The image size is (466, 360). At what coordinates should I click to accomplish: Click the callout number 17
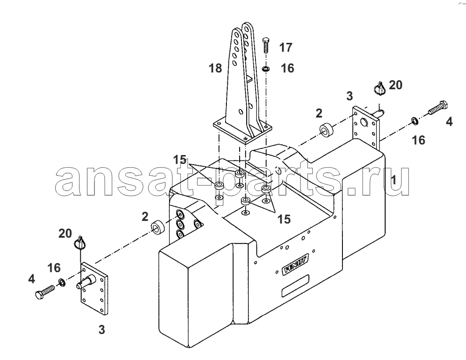click(x=286, y=47)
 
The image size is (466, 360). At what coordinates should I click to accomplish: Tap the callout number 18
click(x=215, y=68)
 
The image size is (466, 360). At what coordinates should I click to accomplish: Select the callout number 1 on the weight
click(x=393, y=180)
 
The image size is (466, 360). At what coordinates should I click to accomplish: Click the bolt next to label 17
click(x=266, y=45)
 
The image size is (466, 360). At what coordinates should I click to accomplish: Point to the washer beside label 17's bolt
click(x=266, y=69)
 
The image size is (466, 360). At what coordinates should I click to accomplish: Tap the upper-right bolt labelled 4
click(x=438, y=108)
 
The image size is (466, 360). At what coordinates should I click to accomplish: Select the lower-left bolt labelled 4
click(x=45, y=292)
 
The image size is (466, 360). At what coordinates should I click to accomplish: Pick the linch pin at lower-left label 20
click(x=79, y=243)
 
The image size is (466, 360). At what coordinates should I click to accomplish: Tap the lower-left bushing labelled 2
click(x=158, y=227)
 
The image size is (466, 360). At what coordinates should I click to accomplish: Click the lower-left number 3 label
click(x=101, y=330)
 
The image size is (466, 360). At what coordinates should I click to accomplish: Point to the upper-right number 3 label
click(x=349, y=96)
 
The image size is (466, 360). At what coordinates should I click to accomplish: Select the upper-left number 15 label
click(x=180, y=160)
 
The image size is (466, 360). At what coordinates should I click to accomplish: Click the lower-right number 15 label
click(x=284, y=219)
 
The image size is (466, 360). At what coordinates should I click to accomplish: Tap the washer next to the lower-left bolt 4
click(x=62, y=282)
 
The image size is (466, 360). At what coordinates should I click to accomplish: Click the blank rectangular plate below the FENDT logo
click(x=295, y=286)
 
